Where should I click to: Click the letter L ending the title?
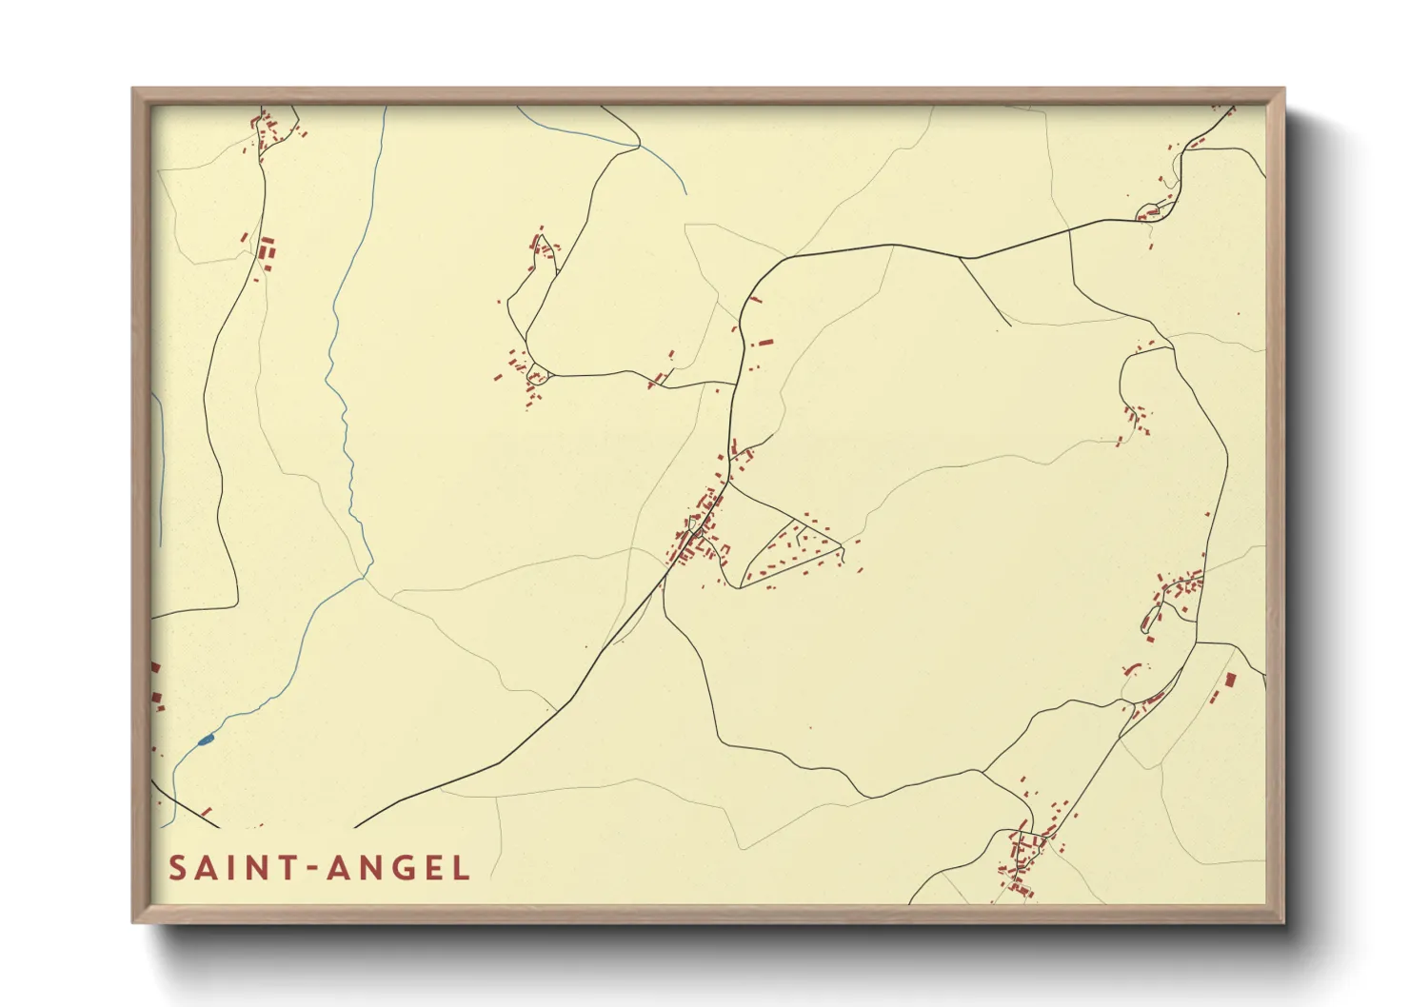pyautogui.click(x=462, y=868)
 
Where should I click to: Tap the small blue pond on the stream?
pyautogui.click(x=206, y=740)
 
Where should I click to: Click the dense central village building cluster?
pyautogui.click(x=700, y=533)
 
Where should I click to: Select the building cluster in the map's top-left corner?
pyautogui.click(x=271, y=130)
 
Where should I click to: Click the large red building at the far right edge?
pyautogui.click(x=1230, y=681)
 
